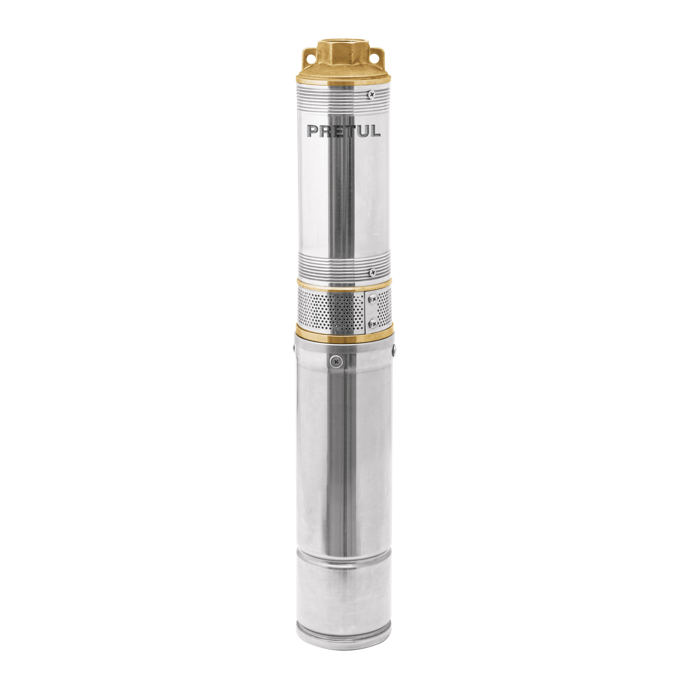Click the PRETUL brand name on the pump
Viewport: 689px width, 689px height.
coord(344,131)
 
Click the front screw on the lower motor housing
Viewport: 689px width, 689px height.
coord(336,359)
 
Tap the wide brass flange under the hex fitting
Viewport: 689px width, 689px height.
coord(343,83)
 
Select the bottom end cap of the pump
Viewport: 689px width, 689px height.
coord(343,624)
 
